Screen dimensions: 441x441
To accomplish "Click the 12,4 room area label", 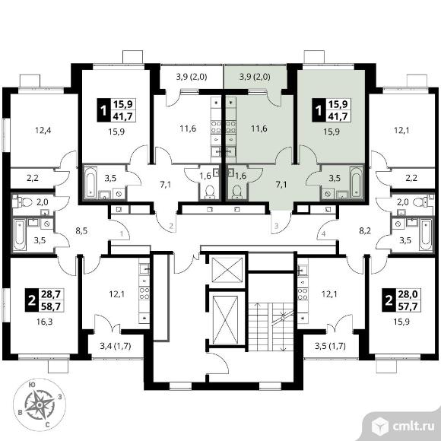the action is click(43, 130).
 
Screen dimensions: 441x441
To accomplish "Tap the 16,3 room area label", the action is click(44, 322).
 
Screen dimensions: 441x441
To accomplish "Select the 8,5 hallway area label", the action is click(81, 231).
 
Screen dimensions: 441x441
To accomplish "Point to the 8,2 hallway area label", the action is click(365, 231).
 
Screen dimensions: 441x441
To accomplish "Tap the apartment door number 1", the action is click(122, 233).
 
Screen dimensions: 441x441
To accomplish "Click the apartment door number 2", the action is click(171, 226).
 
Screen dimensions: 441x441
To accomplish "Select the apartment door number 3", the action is click(277, 226).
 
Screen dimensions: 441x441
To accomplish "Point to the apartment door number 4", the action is click(323, 233).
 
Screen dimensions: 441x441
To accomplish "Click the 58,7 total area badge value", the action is click(51, 306).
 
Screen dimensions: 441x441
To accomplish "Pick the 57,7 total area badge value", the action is click(408, 306).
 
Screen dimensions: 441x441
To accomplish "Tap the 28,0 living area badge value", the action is click(408, 294).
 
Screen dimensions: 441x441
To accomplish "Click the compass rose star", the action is click(40, 405).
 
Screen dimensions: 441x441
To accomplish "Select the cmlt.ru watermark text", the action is click(413, 427).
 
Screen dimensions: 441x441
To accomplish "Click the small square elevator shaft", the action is click(227, 270).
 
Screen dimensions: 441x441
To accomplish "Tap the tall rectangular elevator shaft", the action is click(226, 320).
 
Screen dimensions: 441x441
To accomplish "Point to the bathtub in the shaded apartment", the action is click(356, 182).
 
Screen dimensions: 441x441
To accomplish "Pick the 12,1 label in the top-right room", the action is click(401, 130).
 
